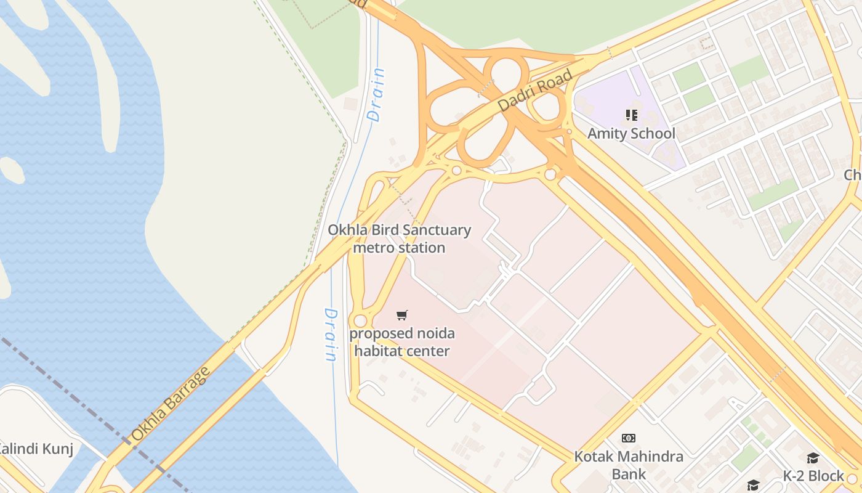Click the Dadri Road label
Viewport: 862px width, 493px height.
(534, 91)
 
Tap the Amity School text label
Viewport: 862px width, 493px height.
(631, 134)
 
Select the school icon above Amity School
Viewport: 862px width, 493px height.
(631, 115)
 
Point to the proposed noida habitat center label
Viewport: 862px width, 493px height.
(402, 342)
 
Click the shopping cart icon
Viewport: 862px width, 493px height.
(402, 316)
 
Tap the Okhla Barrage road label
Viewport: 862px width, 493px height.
(171, 404)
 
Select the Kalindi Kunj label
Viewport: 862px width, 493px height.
(36, 449)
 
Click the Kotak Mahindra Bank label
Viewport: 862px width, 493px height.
(629, 465)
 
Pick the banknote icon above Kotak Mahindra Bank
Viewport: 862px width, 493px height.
(629, 438)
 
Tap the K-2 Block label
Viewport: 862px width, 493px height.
(813, 476)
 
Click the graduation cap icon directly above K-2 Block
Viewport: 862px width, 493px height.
(813, 458)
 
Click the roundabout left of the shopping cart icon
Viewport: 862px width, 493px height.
(360, 321)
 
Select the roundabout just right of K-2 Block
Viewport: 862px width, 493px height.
(852, 478)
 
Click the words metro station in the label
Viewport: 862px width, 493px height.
(399, 248)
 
